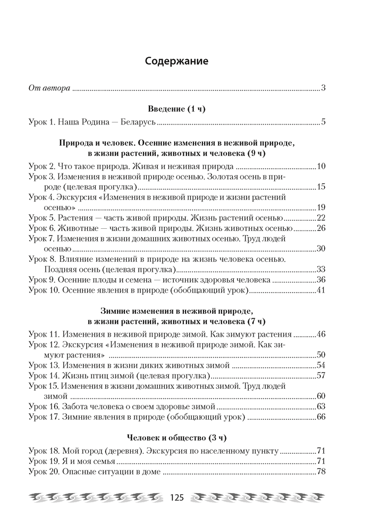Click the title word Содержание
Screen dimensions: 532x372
coord(176,61)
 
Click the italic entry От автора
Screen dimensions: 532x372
coord(48,88)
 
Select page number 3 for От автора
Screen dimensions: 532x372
coord(323,88)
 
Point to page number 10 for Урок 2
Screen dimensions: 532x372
coord(321,167)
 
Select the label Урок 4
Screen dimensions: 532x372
coord(41,197)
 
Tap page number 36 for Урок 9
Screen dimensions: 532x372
coord(321,279)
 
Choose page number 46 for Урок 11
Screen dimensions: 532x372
coord(321,334)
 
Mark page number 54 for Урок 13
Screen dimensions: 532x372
coord(321,365)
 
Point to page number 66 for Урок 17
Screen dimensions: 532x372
coord(321,417)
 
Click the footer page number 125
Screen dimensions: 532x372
coord(176,498)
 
